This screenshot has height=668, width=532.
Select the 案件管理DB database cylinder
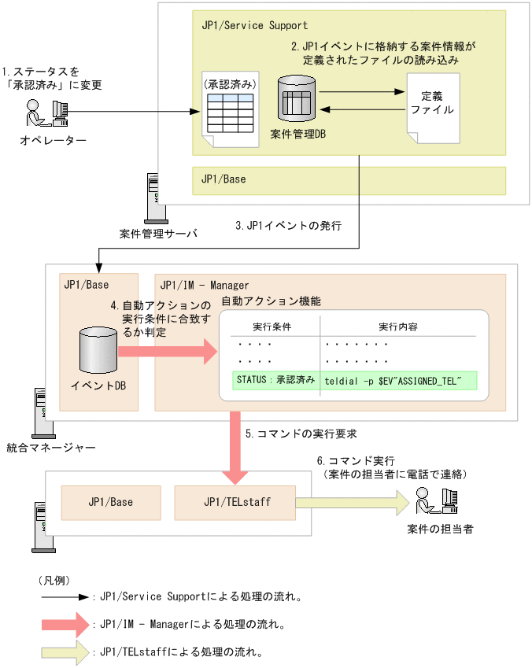click(x=296, y=101)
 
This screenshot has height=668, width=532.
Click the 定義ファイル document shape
click(x=432, y=108)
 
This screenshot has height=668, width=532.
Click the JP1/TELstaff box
click(x=237, y=501)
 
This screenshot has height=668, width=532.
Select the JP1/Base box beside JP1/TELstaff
click(x=110, y=501)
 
